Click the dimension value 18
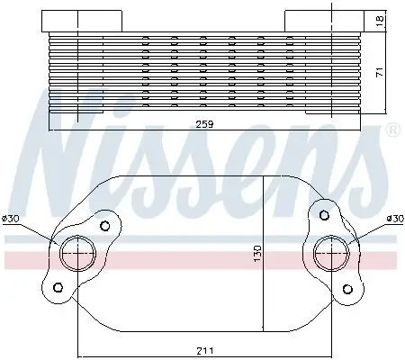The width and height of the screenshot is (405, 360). [380, 20]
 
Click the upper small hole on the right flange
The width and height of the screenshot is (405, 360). [320, 213]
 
